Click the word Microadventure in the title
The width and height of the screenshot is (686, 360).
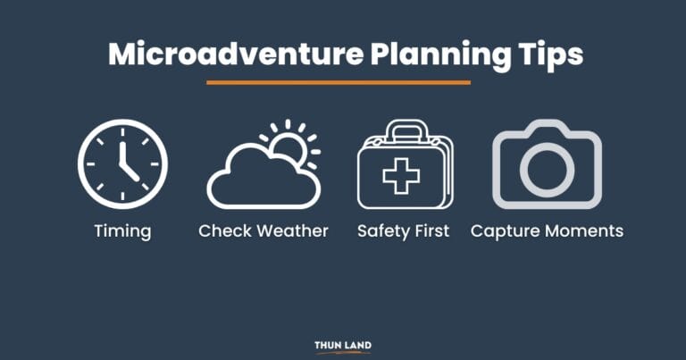click(219, 54)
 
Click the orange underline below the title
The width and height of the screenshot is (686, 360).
click(339, 82)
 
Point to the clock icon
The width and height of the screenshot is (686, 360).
click(122, 162)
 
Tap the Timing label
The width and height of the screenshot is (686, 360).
click(122, 230)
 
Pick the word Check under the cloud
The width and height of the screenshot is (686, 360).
click(224, 230)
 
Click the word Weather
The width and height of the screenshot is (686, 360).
click(292, 230)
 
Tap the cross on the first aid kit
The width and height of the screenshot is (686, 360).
click(401, 173)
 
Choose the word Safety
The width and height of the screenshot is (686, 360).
click(383, 230)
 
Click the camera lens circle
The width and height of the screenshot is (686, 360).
click(547, 169)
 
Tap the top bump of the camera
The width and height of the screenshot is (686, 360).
click(547, 128)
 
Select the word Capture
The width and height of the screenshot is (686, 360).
click(504, 231)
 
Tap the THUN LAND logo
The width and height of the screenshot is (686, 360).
click(342, 346)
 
